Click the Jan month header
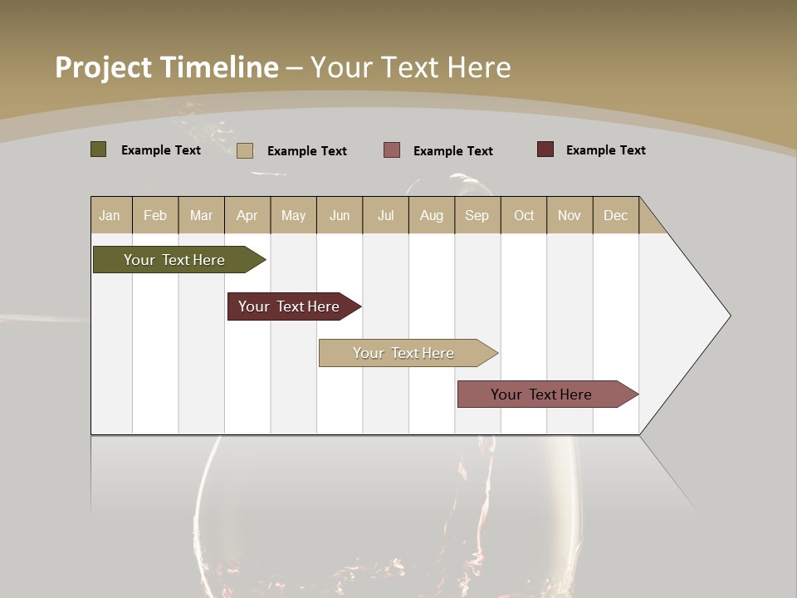click(x=110, y=215)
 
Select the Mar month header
click(x=201, y=215)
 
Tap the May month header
click(x=293, y=215)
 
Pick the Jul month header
click(x=385, y=215)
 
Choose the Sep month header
click(x=477, y=215)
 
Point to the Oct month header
click(x=524, y=215)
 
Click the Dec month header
click(x=615, y=215)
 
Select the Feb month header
click(x=155, y=215)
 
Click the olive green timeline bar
click(x=174, y=260)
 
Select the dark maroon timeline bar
click(x=289, y=306)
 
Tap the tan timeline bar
click(x=403, y=353)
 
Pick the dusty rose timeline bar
click(x=541, y=395)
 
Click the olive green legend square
click(x=99, y=149)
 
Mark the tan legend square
click(x=245, y=150)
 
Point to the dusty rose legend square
click(x=392, y=150)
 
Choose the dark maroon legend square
click(x=545, y=149)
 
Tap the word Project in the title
click(x=104, y=67)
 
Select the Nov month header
click(x=570, y=215)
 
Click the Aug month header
click(x=432, y=215)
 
